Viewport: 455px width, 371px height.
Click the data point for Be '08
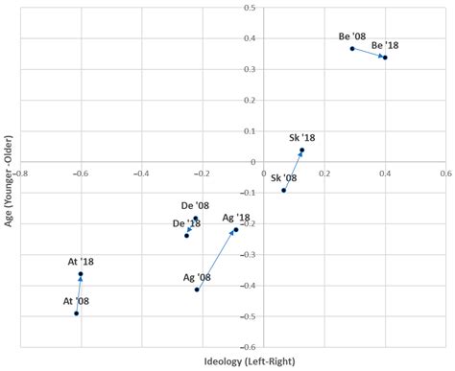click(x=352, y=48)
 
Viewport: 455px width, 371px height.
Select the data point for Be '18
click(x=385, y=58)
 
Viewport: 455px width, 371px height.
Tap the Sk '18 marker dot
click(x=301, y=151)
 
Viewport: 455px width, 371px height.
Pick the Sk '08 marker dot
click(x=283, y=190)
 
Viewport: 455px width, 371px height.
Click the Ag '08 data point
click(x=197, y=290)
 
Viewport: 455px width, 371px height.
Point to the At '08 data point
click(x=76, y=313)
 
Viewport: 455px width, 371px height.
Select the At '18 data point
click(x=81, y=274)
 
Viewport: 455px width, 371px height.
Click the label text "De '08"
click(x=195, y=205)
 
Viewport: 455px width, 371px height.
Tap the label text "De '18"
click(x=186, y=223)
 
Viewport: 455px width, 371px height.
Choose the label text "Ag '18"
click(x=236, y=218)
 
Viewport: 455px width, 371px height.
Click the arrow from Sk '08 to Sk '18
click(x=293, y=170)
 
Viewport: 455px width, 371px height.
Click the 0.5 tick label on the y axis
click(x=251, y=9)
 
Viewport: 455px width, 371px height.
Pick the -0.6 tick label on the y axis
click(x=248, y=346)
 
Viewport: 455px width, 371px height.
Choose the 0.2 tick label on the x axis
click(x=324, y=174)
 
